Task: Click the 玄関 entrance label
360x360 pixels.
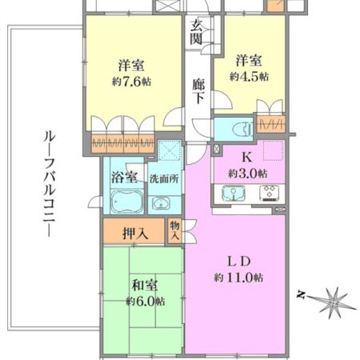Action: [x=196, y=31]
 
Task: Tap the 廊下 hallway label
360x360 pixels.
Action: [x=199, y=87]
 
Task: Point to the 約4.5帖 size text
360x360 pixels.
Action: [x=249, y=76]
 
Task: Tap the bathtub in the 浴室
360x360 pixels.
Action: [x=124, y=203]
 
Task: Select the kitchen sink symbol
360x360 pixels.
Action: [x=233, y=194]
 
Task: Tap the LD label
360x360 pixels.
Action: [x=238, y=262]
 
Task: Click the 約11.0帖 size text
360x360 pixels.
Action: [x=238, y=278]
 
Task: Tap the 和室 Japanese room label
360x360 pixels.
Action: [x=144, y=285]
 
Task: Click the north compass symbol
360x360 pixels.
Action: [x=327, y=302]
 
